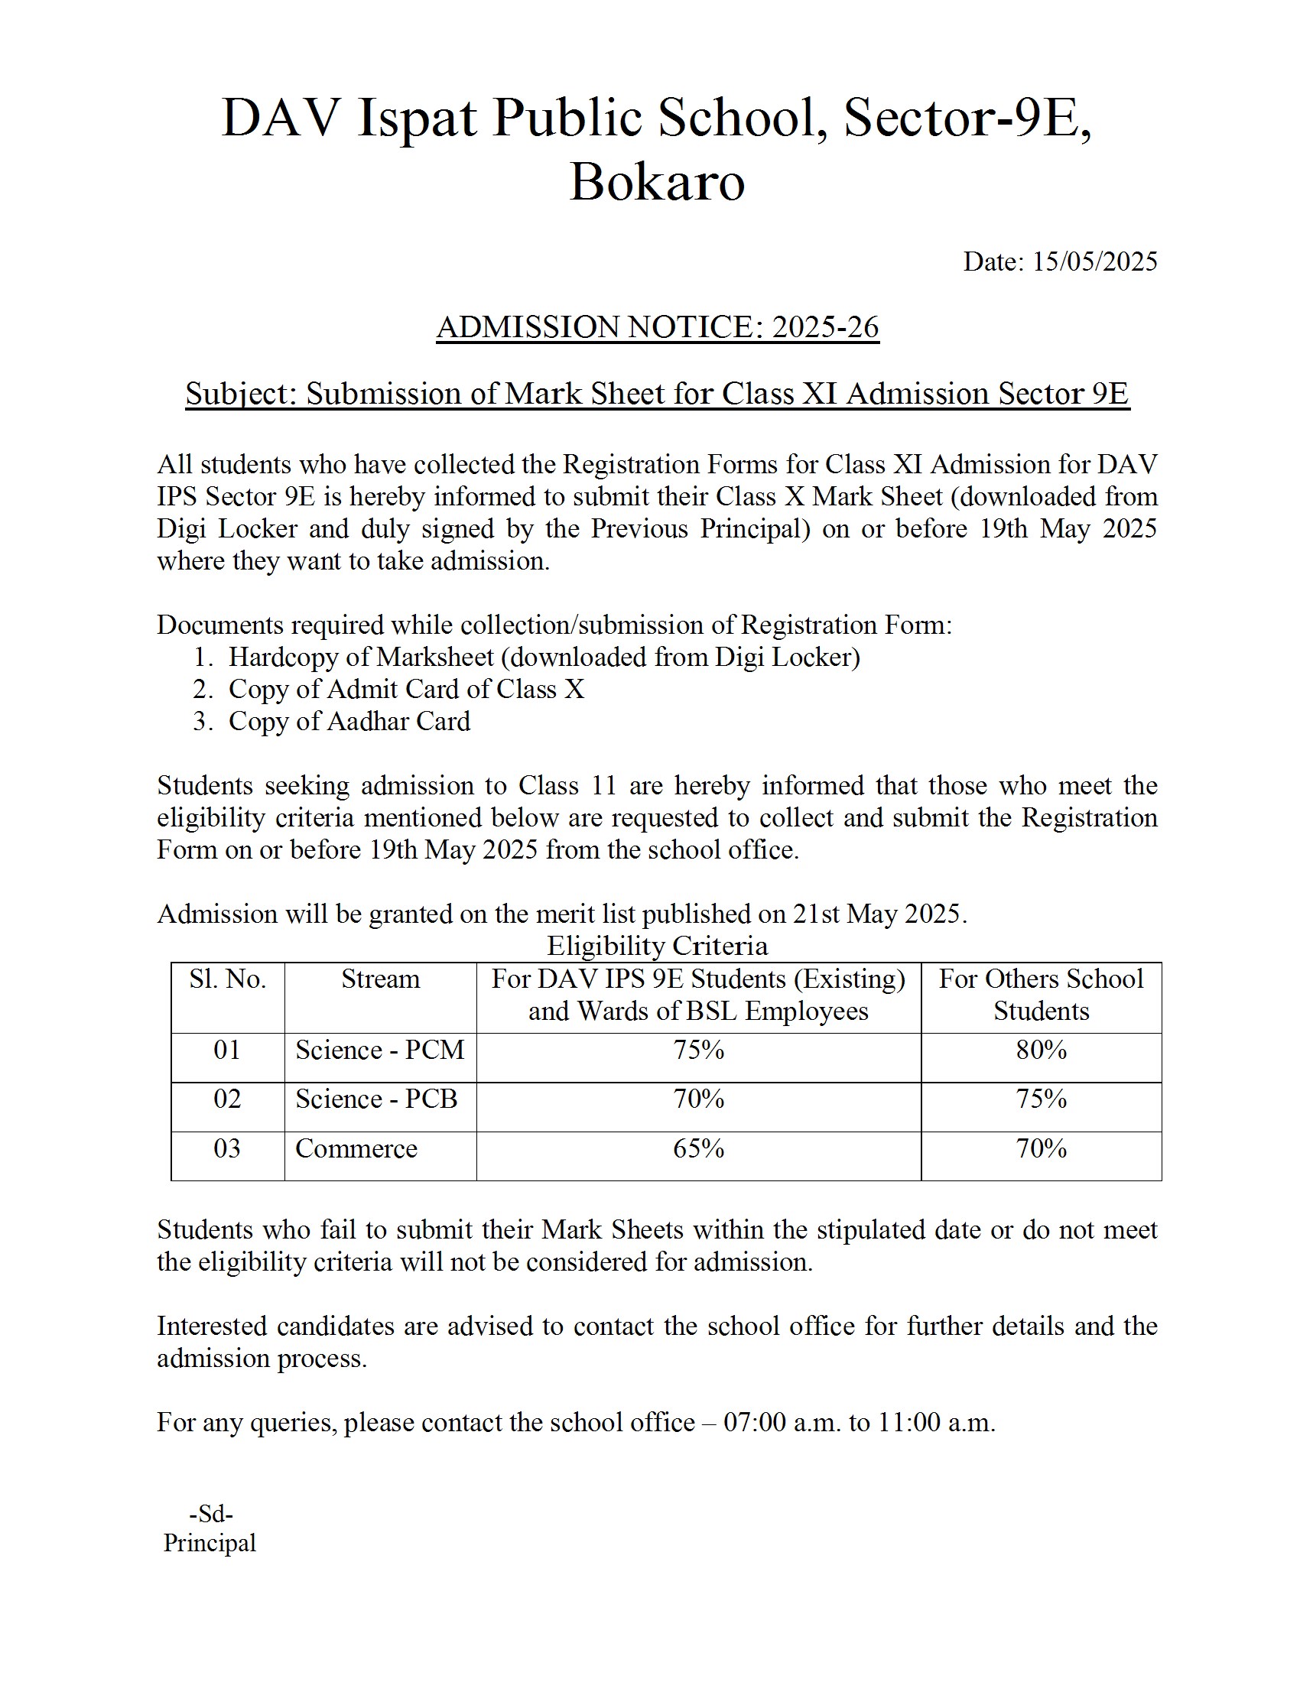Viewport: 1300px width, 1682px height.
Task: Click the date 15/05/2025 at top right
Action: pyautogui.click(x=1094, y=261)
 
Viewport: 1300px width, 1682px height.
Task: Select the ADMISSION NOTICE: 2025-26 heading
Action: pyautogui.click(x=657, y=327)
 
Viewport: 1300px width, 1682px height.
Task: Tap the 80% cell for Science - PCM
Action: pyautogui.click(x=1042, y=1050)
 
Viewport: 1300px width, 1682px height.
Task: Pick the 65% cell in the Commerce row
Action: pyautogui.click(x=698, y=1148)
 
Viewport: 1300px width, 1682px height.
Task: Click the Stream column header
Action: pyautogui.click(x=381, y=979)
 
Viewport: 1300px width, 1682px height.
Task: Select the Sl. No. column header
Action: pyautogui.click(x=227, y=979)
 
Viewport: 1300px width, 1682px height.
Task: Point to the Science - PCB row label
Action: pyautogui.click(x=376, y=1099)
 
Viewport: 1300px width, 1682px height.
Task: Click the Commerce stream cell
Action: pyautogui.click(x=356, y=1148)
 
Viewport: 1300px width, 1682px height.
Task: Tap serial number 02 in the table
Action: pyautogui.click(x=227, y=1099)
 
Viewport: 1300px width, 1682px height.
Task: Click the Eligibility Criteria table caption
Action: pyautogui.click(x=657, y=946)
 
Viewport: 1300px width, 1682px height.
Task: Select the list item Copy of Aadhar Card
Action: pyautogui.click(x=349, y=722)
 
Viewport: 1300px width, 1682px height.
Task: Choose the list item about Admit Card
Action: pyautogui.click(x=406, y=690)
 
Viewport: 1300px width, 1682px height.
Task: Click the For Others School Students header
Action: pyautogui.click(x=1042, y=995)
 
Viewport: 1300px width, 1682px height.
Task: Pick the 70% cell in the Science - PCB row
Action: pyautogui.click(x=698, y=1099)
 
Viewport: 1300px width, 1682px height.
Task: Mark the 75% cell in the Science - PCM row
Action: pyautogui.click(x=698, y=1050)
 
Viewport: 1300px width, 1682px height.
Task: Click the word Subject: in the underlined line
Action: pyautogui.click(x=240, y=395)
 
